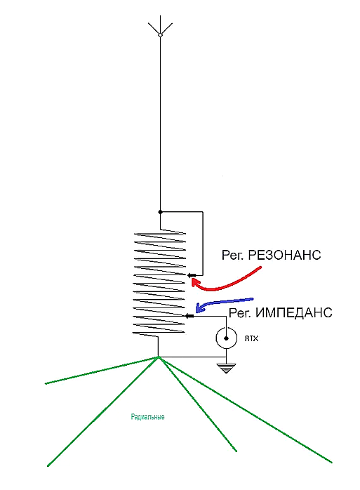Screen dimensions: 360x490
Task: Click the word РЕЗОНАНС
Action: click(x=284, y=255)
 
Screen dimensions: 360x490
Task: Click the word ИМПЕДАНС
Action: click(x=294, y=312)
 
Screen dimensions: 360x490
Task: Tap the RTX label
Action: click(x=251, y=338)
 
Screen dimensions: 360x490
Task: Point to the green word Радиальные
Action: click(x=147, y=417)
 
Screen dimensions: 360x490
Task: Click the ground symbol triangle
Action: click(x=226, y=369)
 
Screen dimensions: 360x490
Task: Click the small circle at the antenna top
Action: click(x=160, y=35)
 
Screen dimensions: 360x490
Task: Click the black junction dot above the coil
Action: click(x=160, y=212)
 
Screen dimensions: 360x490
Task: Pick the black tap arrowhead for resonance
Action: click(x=192, y=275)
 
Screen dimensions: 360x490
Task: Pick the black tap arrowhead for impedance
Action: click(x=189, y=316)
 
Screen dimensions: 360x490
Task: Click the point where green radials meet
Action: click(x=159, y=357)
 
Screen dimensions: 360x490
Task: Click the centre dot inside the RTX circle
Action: click(x=226, y=338)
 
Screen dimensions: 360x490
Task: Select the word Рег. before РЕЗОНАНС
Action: click(x=232, y=256)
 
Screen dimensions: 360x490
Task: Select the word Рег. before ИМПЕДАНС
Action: click(x=240, y=313)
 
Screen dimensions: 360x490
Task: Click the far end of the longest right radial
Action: click(x=332, y=462)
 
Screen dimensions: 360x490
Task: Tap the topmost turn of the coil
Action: click(x=160, y=234)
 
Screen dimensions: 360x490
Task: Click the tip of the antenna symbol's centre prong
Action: click(x=160, y=15)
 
